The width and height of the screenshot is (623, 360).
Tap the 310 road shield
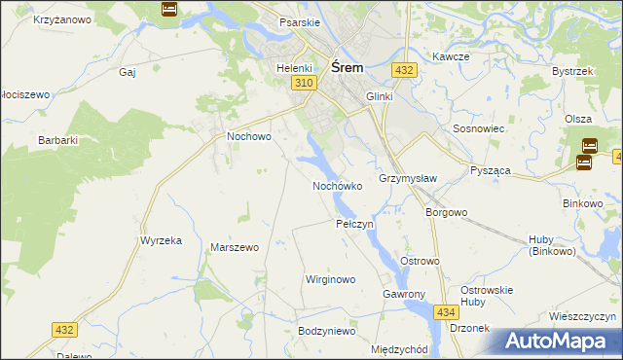tap(303, 85)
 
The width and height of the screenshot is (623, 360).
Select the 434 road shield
tap(446, 311)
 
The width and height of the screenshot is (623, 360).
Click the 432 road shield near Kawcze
tap(405, 70)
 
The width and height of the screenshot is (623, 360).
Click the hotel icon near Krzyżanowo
tap(168, 9)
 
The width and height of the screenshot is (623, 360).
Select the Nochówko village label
tap(337, 185)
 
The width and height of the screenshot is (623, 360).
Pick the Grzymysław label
tap(407, 179)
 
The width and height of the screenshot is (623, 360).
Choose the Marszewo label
tap(234, 247)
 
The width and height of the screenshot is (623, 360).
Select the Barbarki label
tap(57, 140)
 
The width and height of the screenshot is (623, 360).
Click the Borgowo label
tap(447, 211)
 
